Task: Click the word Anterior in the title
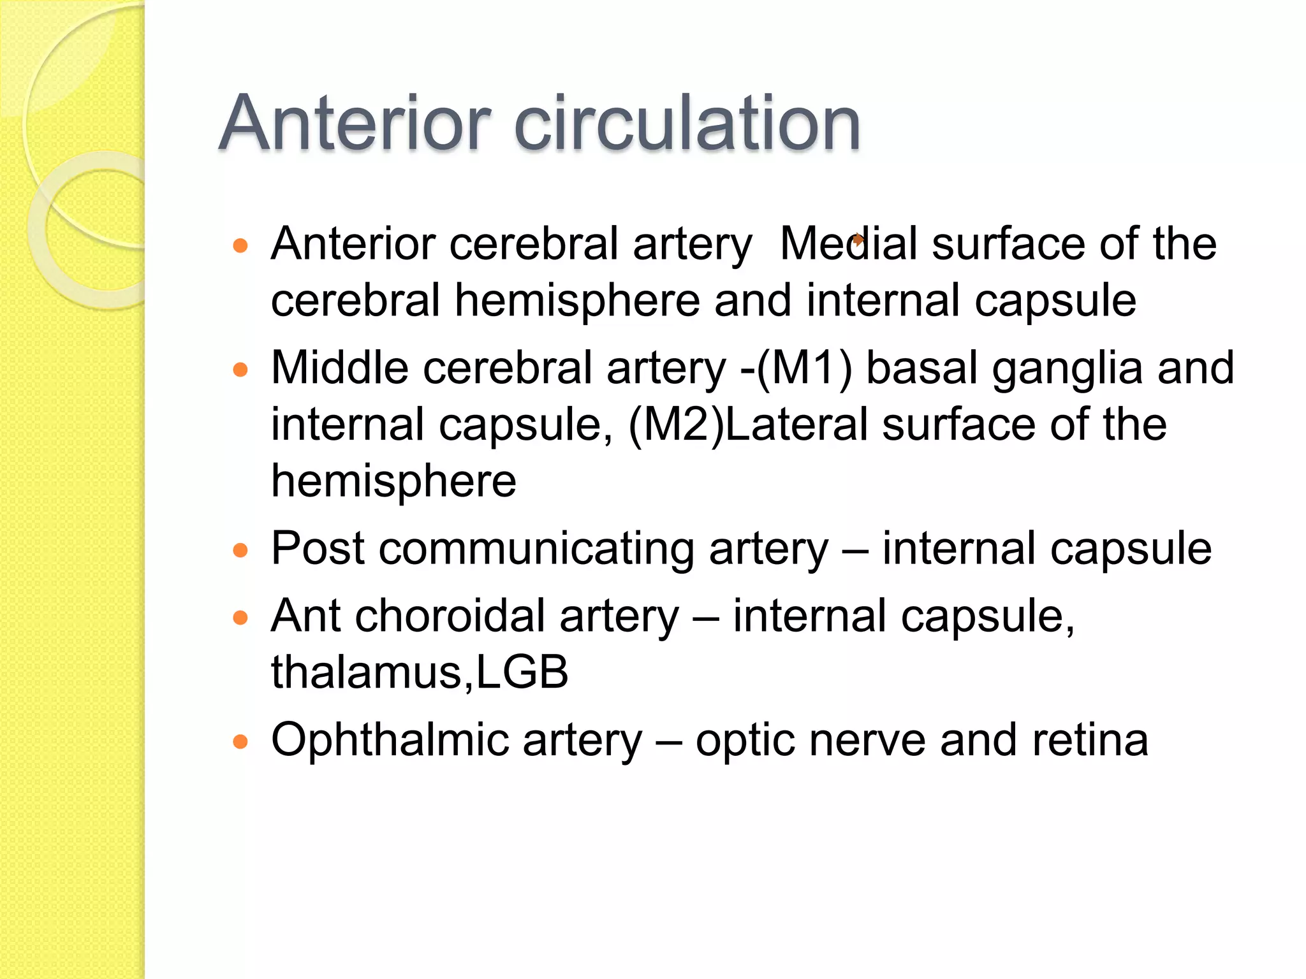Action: [355, 124]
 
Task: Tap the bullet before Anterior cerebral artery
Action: [240, 246]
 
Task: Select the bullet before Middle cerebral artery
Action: [240, 370]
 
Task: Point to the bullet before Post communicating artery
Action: [240, 550]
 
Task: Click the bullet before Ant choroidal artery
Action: [240, 618]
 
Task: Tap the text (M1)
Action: [804, 369]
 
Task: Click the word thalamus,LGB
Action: [420, 672]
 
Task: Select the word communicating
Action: [536, 549]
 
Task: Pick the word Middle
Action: [339, 368]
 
